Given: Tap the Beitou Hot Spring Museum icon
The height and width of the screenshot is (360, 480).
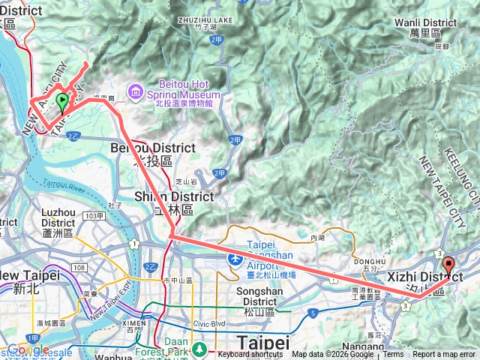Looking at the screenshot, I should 136,91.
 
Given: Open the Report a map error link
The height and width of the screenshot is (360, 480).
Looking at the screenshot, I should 444,355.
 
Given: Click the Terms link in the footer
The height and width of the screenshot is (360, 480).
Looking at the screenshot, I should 393,355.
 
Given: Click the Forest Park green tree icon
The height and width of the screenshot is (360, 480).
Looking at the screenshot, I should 200,348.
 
